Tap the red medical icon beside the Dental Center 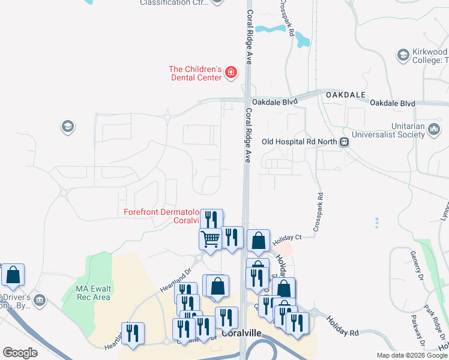click(230, 73)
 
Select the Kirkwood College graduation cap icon click(403, 56)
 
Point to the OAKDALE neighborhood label click(345, 95)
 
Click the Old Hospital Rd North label click(300, 142)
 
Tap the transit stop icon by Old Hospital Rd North click(345, 142)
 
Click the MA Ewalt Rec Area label click(93, 293)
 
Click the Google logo click(20, 353)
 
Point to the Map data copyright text click(412, 355)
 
